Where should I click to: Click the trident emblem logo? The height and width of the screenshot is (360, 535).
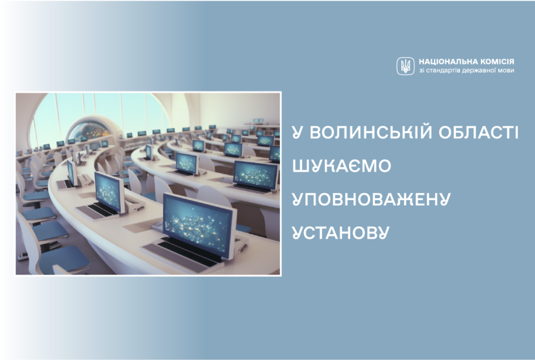405,66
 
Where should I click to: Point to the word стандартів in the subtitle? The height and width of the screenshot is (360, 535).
443,70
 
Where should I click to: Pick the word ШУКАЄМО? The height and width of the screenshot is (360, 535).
341,166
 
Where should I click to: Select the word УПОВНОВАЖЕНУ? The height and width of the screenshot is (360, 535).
372,199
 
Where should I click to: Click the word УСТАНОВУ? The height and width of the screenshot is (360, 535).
341,232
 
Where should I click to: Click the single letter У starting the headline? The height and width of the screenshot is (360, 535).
298,132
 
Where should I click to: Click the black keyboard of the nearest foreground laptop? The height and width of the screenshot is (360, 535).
189,252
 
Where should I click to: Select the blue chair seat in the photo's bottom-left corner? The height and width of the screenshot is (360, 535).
64,258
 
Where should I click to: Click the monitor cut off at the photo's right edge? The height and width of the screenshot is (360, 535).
275,153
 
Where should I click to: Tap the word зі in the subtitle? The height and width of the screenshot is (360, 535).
421,70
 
